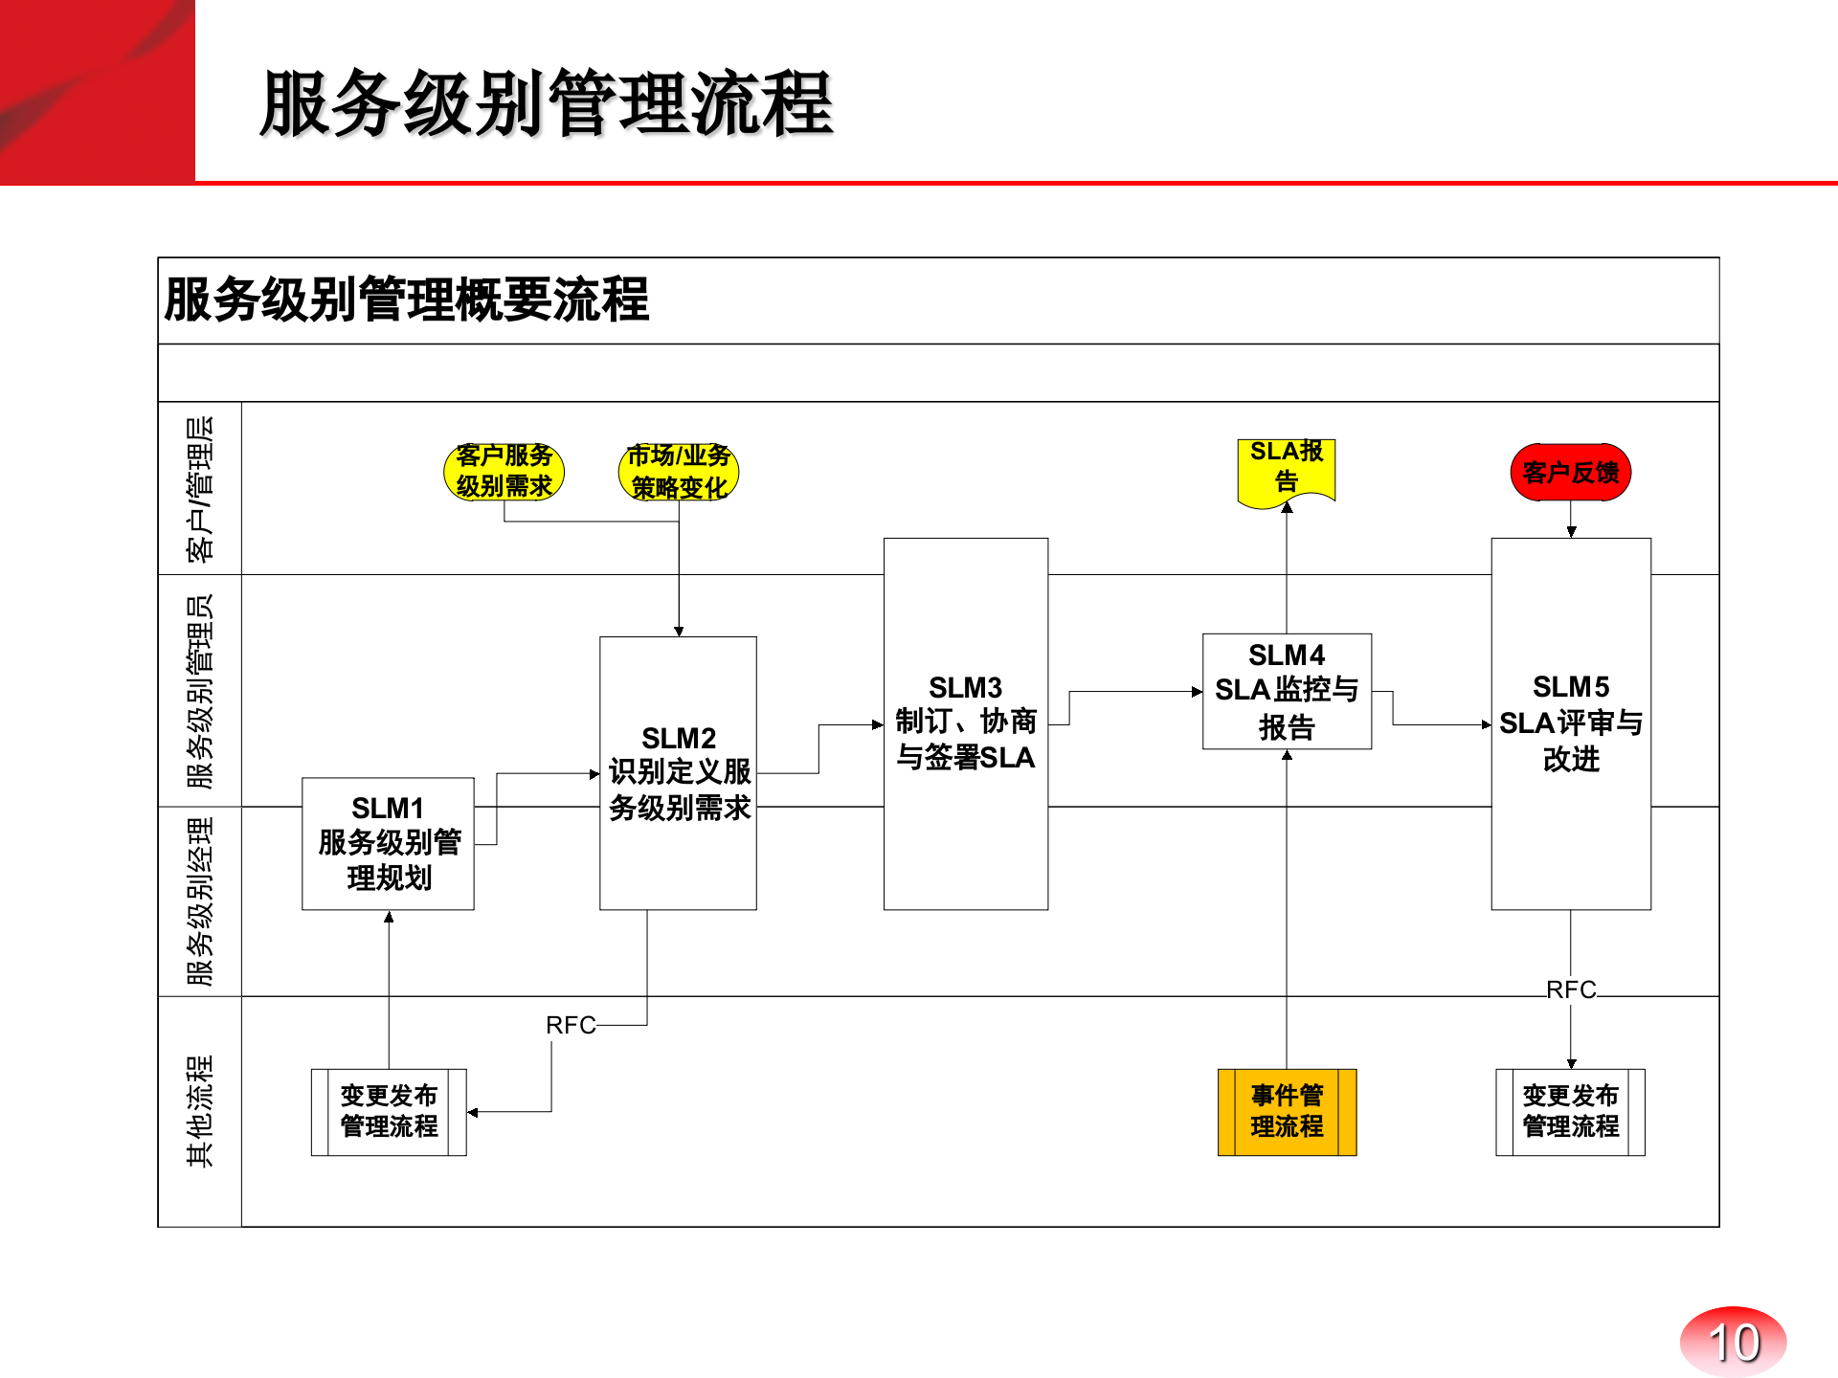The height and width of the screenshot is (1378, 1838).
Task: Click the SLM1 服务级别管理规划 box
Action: tap(388, 843)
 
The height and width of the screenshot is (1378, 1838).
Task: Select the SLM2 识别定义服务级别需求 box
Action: tap(678, 773)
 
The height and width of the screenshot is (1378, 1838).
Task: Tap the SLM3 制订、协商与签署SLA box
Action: tap(965, 723)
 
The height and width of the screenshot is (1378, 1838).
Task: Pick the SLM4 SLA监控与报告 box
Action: tap(1287, 691)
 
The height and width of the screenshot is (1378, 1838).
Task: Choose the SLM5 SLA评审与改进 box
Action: tap(1570, 723)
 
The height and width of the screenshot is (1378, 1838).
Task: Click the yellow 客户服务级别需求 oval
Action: tap(504, 472)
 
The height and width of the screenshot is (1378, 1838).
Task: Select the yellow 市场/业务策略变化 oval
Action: tap(679, 472)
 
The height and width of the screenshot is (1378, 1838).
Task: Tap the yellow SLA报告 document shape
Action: tap(1287, 468)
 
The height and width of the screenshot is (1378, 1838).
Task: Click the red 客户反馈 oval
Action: tap(1570, 472)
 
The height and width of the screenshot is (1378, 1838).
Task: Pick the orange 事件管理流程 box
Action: tap(1287, 1112)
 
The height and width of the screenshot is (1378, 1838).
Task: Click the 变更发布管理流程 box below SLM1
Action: tap(389, 1112)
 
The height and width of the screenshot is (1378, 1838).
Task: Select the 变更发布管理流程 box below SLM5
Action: tap(1570, 1112)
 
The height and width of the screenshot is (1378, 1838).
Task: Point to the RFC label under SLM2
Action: tap(571, 1026)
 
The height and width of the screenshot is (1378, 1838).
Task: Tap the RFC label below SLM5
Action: tap(1571, 989)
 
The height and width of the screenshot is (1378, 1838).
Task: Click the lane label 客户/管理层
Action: tap(200, 489)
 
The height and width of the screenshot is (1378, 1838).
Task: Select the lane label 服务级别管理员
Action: tap(200, 691)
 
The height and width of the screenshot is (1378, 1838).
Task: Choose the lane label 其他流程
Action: tap(200, 1111)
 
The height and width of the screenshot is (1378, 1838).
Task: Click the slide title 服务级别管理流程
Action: tap(546, 103)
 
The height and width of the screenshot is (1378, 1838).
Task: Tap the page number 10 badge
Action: tap(1733, 1342)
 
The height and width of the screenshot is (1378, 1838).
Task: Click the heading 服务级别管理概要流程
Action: tap(407, 300)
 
